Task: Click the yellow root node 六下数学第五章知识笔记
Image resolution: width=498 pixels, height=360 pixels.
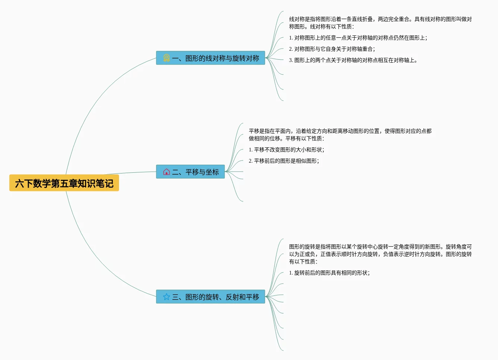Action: click(64, 183)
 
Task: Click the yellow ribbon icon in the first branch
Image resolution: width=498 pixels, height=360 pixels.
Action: click(166, 58)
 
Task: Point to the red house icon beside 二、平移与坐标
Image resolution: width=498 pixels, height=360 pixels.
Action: click(166, 172)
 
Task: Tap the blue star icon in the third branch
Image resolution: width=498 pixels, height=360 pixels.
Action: click(166, 297)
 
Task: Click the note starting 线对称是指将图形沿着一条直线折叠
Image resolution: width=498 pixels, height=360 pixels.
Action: click(380, 23)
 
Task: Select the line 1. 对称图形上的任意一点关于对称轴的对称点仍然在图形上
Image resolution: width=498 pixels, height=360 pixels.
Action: click(358, 38)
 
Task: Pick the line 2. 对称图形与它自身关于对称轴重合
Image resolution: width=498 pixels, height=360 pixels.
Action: click(332, 49)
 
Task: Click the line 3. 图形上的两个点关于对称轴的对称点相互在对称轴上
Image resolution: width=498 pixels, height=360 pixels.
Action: click(353, 60)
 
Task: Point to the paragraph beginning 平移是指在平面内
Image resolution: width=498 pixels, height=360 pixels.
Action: click(340, 135)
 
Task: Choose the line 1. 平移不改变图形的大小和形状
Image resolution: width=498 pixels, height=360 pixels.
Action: click(286, 150)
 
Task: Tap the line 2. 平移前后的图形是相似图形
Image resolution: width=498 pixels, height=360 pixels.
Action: click(284, 161)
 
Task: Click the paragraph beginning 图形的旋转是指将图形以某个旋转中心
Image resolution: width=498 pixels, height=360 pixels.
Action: click(380, 254)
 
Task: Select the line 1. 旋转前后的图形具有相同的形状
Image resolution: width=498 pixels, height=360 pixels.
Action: click(329, 273)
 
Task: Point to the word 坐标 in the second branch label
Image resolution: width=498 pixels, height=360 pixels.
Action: click(212, 172)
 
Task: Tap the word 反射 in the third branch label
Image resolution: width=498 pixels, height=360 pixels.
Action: click(232, 297)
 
